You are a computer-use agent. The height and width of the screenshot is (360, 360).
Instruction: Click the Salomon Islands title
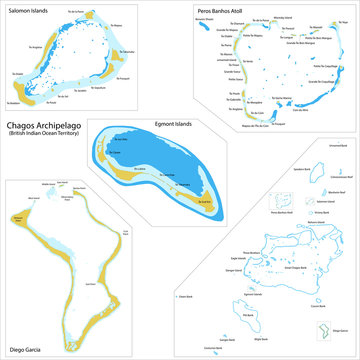coord(32,8)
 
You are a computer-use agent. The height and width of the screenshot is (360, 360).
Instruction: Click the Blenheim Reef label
coord(337,191)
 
